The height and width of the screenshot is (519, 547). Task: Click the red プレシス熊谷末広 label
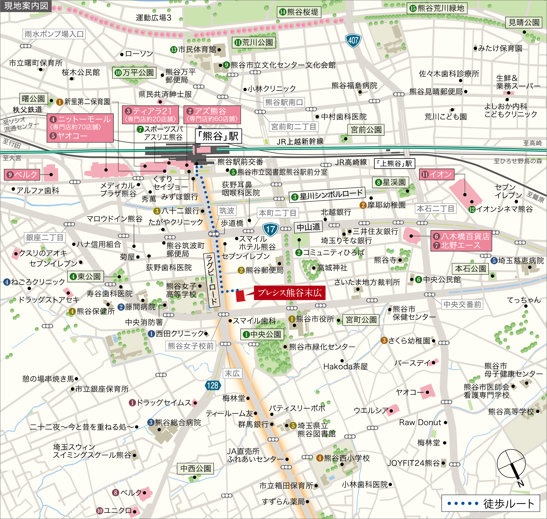coord(289,293)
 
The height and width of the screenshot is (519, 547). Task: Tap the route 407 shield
coord(353,41)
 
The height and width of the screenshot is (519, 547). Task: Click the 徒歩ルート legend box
coord(490,503)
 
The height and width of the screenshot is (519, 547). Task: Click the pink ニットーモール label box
coord(80,128)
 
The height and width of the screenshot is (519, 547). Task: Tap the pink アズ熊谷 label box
coord(212,115)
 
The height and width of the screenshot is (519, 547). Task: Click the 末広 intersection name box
coord(232,373)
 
